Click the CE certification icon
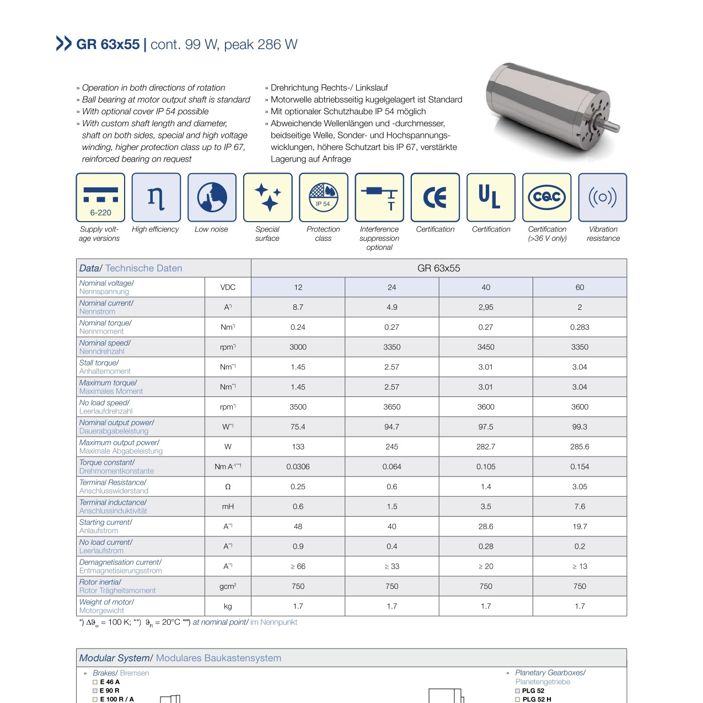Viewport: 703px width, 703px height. [x=435, y=197]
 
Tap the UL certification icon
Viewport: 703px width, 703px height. [x=491, y=197]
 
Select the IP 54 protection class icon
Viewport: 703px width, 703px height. [x=324, y=197]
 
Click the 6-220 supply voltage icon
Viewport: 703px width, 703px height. [x=100, y=197]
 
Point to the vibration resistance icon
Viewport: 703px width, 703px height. [x=603, y=197]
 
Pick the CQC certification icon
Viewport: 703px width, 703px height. [x=547, y=197]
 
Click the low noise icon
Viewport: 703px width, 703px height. [x=212, y=197]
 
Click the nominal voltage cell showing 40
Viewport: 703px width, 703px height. [x=486, y=287]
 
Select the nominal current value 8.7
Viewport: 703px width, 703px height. [x=298, y=307]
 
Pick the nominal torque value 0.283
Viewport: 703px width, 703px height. [x=579, y=327]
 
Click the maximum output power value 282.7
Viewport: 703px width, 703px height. [x=486, y=447]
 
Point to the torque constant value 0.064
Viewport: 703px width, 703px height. [x=392, y=466]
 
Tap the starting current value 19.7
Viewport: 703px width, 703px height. [x=579, y=527]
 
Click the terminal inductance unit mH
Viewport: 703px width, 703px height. [x=228, y=507]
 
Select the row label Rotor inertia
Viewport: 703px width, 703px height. [x=100, y=582]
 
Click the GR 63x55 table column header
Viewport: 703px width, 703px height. [x=438, y=269]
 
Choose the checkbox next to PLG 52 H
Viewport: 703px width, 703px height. [x=518, y=700]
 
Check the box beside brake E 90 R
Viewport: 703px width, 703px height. [x=95, y=691]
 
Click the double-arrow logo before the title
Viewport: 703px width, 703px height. [x=64, y=44]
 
